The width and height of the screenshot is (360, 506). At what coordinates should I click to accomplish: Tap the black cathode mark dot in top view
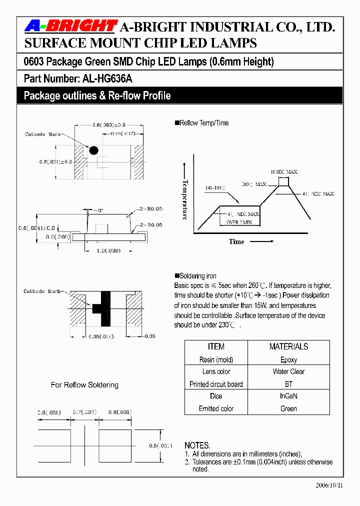coord(93,150)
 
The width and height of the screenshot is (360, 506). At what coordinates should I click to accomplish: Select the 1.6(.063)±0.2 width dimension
coord(102,125)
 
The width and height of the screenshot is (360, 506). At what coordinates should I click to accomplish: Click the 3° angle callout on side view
coord(99,210)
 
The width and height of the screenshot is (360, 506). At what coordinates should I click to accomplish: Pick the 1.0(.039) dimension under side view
coord(109,250)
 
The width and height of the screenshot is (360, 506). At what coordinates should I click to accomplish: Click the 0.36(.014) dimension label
coord(100,336)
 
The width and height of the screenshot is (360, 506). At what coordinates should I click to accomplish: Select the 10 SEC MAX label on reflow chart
coord(284,171)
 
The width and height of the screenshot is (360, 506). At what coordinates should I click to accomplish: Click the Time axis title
coord(236,241)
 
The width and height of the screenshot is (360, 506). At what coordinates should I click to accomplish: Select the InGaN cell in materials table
coord(288,396)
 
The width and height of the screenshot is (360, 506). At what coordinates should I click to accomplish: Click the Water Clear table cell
coord(288,371)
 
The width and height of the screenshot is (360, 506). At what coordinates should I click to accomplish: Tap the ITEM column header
coord(216,346)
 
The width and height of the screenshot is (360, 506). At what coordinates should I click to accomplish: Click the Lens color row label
coord(216,371)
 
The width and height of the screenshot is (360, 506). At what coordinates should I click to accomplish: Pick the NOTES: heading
coord(197,445)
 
